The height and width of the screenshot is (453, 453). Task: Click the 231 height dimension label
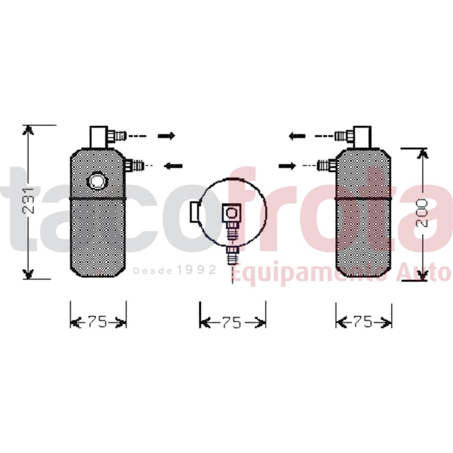click(28, 201)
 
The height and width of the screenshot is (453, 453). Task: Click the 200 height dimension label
click(422, 213)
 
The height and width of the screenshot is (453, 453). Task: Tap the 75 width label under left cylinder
click(97, 322)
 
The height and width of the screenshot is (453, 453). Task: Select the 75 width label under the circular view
click(232, 322)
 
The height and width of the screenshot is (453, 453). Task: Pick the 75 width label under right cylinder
click(363, 322)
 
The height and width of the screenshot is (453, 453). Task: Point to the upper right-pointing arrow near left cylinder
click(166, 135)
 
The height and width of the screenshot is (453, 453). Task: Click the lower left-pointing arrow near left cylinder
click(174, 166)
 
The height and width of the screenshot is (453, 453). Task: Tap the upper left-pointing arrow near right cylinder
click(297, 135)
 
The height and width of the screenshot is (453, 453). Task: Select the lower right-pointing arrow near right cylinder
click(287, 166)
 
